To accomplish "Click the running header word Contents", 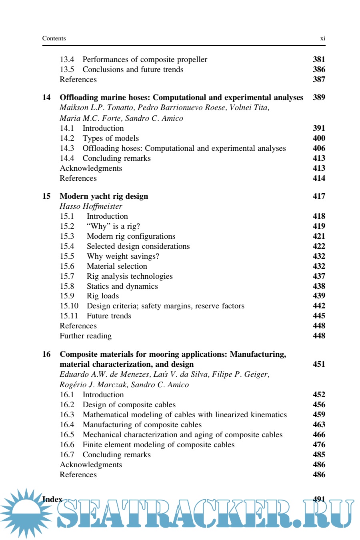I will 54,38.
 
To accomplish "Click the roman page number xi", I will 322,38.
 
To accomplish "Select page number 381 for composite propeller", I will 319,60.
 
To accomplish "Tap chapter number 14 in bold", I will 46,98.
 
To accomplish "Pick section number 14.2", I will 67,138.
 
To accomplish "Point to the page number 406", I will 319,148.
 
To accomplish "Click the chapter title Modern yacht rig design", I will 104,196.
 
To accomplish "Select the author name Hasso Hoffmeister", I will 91,206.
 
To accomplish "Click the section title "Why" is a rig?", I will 113,226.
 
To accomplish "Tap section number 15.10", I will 69,306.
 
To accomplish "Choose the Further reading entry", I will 86,336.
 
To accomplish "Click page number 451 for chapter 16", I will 319,364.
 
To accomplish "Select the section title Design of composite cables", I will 129,405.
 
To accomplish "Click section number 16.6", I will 67,445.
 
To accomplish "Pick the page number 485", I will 319,455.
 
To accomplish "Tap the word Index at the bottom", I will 52,500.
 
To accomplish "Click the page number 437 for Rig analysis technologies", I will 319,276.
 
